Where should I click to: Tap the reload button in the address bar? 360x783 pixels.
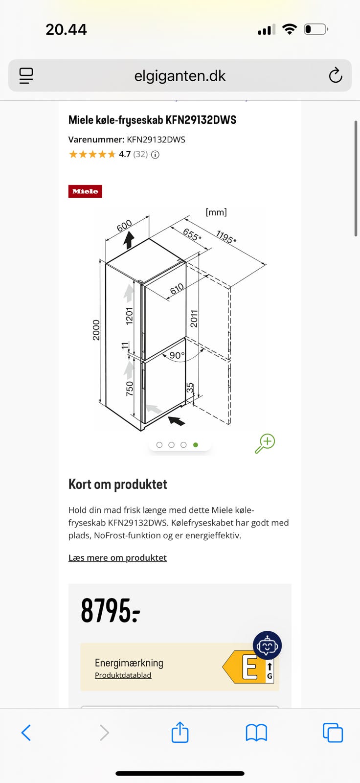[x=336, y=75]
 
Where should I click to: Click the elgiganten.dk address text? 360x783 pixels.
[x=180, y=76]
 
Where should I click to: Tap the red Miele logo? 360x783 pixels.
[x=85, y=191]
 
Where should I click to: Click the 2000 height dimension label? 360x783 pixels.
[x=96, y=330]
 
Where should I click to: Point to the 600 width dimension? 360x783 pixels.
[x=124, y=226]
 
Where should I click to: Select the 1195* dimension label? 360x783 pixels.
[x=226, y=237]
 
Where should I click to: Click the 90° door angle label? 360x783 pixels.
[x=177, y=355]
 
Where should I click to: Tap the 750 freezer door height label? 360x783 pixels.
[x=130, y=389]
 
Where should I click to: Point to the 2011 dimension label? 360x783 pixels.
[x=194, y=319]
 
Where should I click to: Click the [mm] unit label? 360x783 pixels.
[x=216, y=212]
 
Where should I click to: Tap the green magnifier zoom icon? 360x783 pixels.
[x=265, y=443]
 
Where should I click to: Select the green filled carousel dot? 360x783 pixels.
[x=196, y=445]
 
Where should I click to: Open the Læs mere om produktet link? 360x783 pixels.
[x=117, y=557]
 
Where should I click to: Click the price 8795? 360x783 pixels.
[x=111, y=610]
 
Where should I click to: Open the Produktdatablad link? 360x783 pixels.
[x=123, y=675]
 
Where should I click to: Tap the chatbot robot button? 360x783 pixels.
[x=268, y=645]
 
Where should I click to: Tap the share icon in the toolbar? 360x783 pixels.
[x=180, y=732]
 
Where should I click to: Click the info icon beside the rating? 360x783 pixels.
[x=155, y=155]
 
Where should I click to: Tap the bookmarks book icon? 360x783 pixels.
[x=256, y=733]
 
